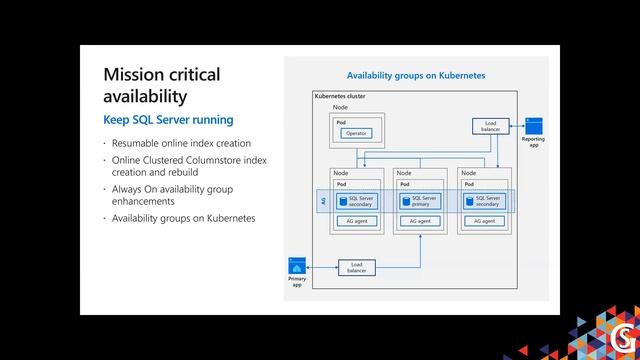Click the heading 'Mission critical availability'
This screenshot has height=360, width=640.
click(161, 86)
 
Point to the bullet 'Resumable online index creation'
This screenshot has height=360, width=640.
click(181, 144)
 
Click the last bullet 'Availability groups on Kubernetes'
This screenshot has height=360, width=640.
click(183, 218)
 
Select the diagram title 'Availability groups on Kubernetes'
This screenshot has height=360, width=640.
click(416, 75)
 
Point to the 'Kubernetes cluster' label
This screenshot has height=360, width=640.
click(339, 96)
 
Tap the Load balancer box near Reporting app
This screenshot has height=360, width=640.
click(491, 126)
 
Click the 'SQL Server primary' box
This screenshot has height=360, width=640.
click(420, 201)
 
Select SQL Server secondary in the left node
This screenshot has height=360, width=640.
click(354, 201)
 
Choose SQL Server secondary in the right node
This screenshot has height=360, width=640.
click(484, 201)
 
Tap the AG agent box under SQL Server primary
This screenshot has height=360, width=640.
click(420, 221)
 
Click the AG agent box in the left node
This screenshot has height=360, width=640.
click(355, 221)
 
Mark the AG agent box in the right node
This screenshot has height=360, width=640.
click(484, 221)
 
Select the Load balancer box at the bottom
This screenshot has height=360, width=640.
click(356, 267)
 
